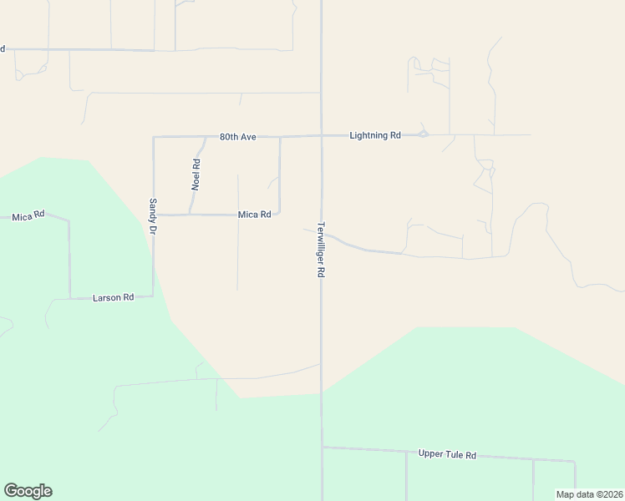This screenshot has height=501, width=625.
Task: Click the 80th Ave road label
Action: [236, 136]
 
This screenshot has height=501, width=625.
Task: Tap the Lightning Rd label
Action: [375, 135]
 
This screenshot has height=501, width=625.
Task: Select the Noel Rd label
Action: [196, 175]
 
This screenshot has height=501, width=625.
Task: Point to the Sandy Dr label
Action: [153, 215]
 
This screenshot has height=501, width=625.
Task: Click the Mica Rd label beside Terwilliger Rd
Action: [254, 215]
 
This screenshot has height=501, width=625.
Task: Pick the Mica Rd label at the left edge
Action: [28, 217]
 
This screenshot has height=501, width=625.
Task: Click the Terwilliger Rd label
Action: [321, 250]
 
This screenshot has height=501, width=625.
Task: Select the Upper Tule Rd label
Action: [447, 455]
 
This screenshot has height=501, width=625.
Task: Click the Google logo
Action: [28, 491]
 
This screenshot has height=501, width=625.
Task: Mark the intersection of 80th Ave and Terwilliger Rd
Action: [322, 135]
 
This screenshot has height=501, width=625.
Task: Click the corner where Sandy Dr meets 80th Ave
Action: [154, 137]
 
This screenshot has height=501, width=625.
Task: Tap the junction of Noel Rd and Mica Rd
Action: [191, 215]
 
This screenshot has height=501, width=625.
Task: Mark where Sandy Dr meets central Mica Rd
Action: [154, 215]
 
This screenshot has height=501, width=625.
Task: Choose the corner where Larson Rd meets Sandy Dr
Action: [153, 296]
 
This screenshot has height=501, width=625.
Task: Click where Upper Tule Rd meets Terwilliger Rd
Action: [323, 447]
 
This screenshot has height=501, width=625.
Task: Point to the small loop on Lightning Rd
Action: [424, 134]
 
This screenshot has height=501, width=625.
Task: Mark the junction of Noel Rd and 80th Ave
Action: [206, 137]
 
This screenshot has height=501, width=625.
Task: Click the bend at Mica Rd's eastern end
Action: [279, 214]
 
